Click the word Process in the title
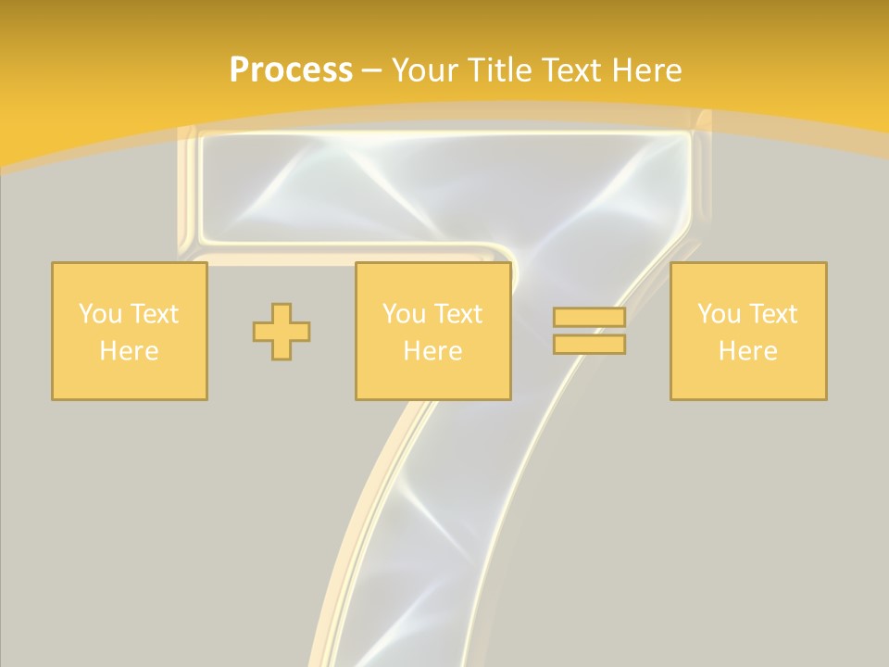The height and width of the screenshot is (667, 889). tap(291, 70)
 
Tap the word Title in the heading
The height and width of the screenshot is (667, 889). tap(501, 70)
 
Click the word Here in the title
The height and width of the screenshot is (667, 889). tap(647, 70)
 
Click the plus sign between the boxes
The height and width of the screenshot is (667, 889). tap(282, 331)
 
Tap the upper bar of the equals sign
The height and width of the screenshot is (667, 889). tap(589, 318)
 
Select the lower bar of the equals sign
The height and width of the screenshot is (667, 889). tap(589, 345)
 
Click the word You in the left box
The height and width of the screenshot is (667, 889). tap(99, 314)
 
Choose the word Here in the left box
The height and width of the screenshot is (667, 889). tap(129, 351)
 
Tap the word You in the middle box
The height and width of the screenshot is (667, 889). tap(404, 314)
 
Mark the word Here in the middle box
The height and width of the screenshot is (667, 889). tap(432, 351)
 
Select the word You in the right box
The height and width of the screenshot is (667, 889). tap(719, 314)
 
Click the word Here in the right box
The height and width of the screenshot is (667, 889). tap(747, 351)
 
